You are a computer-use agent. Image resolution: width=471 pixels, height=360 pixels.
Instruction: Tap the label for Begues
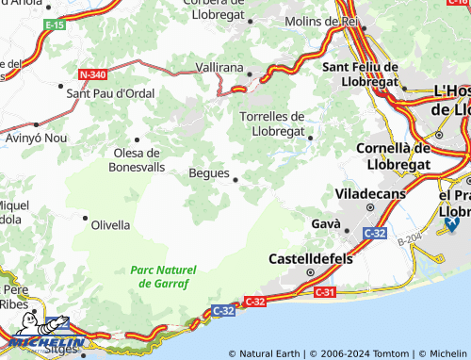coord(208,173)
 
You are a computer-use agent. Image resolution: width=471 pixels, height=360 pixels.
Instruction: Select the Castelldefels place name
coord(308,257)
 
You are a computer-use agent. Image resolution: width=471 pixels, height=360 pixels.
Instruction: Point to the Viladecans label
coord(371,193)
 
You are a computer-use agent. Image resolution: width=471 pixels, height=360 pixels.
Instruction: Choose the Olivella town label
coord(110,225)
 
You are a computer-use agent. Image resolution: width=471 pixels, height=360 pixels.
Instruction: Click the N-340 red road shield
coord(93,73)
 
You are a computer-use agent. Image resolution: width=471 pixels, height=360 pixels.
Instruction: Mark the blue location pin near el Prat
coord(451,223)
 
